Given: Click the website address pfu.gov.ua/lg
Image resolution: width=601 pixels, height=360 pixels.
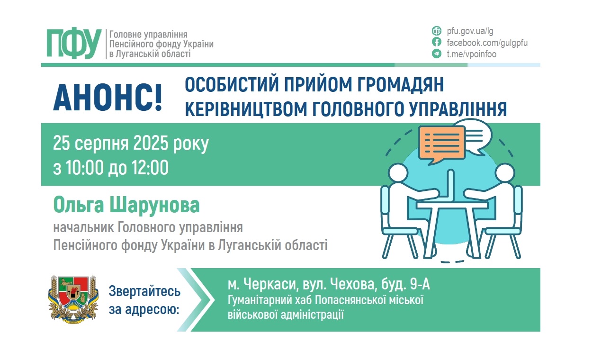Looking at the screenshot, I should click(x=470, y=31).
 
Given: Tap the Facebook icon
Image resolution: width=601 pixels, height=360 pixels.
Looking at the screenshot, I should click(x=436, y=43).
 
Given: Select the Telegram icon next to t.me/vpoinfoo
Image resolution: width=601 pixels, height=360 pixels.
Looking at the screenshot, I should click(x=436, y=54).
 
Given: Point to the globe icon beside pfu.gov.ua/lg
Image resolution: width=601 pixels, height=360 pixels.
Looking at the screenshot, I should click(x=436, y=31).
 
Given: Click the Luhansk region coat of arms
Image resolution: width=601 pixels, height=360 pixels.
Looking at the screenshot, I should click(x=73, y=298).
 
